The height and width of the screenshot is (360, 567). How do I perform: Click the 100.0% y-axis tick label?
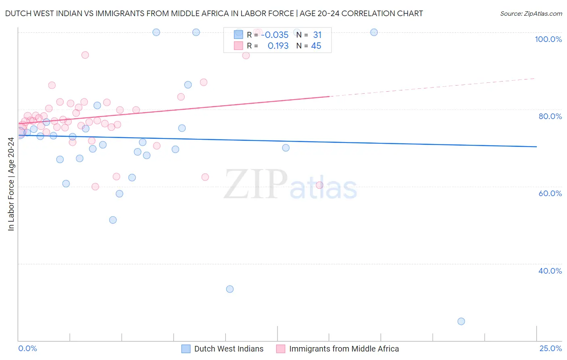(x=548, y=39)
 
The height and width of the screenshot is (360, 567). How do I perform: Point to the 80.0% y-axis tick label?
(x=550, y=116)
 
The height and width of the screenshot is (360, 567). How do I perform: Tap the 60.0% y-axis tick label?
(x=550, y=193)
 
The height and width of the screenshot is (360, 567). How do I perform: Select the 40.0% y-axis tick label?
(x=550, y=271)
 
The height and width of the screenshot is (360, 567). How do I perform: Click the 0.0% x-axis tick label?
(x=27, y=348)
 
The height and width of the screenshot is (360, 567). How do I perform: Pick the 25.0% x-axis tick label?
(x=550, y=348)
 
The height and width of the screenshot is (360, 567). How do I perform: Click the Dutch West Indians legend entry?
(x=228, y=349)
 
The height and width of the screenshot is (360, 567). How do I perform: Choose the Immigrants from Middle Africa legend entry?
(x=344, y=349)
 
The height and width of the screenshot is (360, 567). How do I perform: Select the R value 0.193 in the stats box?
(x=278, y=46)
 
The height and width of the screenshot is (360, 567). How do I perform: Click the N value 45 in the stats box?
(x=316, y=46)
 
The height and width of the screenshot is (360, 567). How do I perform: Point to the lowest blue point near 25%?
(x=461, y=321)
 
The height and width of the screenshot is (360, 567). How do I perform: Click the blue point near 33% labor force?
(x=230, y=289)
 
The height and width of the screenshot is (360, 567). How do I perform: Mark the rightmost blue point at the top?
(x=374, y=32)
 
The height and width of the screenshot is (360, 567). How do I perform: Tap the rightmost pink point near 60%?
(x=319, y=185)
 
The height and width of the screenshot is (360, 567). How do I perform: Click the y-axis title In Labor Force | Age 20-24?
(x=11, y=184)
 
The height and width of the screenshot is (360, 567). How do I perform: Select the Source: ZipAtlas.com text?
(x=531, y=14)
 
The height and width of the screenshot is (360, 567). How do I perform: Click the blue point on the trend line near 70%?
(x=286, y=148)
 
